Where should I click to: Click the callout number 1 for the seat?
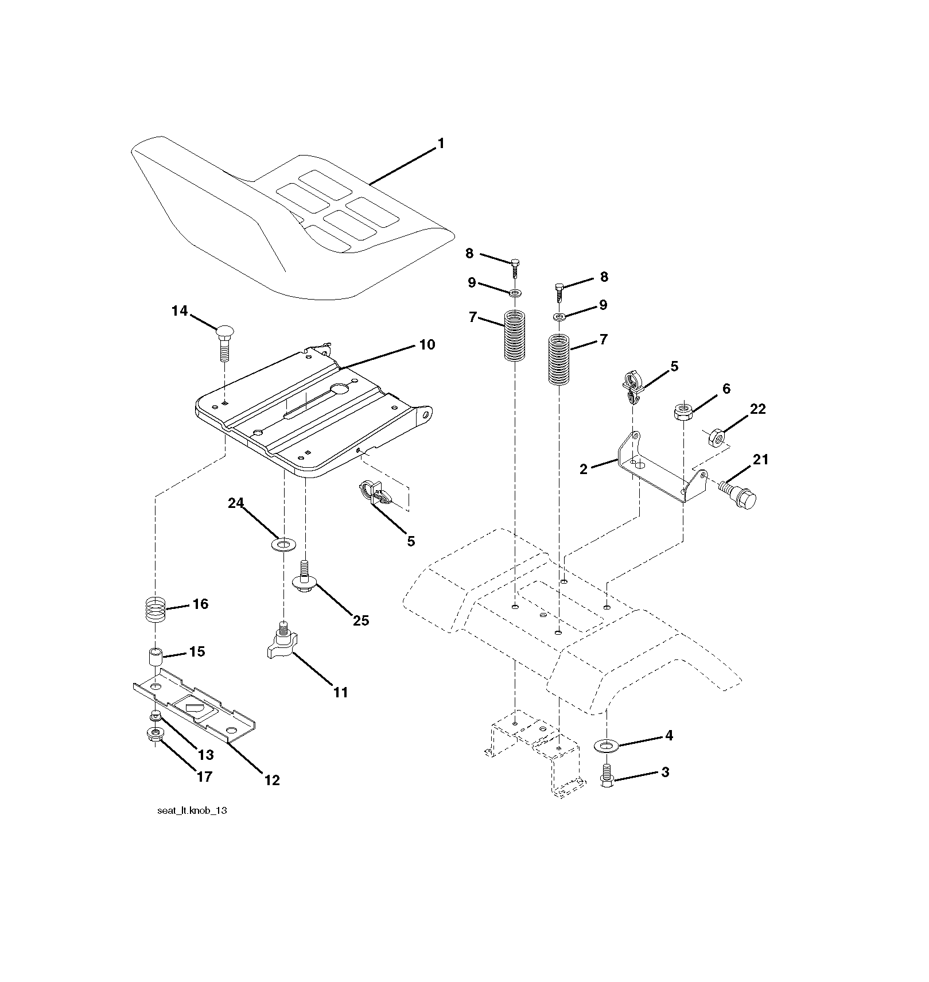click(441, 143)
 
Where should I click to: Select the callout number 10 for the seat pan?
click(427, 344)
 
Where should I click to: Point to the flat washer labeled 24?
click(282, 543)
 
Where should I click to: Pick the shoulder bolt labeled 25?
click(305, 575)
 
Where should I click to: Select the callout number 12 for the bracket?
click(272, 780)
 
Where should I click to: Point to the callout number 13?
click(205, 755)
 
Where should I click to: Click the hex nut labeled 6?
click(682, 412)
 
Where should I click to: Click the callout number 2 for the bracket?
click(584, 469)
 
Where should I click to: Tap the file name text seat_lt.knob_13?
click(188, 811)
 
